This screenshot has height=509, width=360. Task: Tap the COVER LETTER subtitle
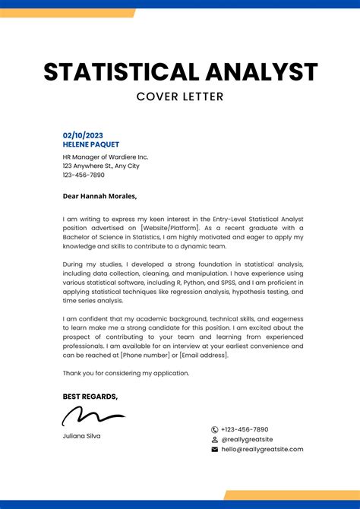(180, 96)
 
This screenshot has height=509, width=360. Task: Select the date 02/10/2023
(82, 135)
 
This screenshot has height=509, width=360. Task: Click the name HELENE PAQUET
(90, 144)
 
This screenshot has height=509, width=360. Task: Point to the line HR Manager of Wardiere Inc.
(105, 156)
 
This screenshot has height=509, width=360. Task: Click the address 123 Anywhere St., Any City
(101, 166)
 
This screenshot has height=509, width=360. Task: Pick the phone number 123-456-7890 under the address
(84, 175)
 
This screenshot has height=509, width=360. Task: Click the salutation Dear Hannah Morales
(99, 196)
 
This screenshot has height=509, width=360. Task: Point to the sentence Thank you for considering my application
(126, 373)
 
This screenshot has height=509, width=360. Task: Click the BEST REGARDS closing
(90, 397)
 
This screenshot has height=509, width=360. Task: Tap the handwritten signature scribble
(93, 416)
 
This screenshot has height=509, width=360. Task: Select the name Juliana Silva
(81, 436)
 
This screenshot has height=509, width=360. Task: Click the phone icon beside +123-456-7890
(215, 429)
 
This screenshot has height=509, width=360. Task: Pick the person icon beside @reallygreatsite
(215, 439)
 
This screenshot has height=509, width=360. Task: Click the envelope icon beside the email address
(215, 449)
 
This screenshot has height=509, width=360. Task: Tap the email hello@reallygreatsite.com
(262, 449)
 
